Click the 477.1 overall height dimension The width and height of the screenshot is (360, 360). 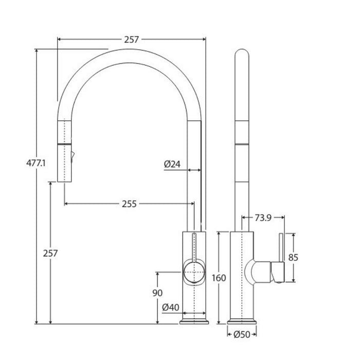(36, 163)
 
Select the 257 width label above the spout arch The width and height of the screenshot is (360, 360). (131, 40)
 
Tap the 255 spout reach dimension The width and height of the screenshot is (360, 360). (129, 204)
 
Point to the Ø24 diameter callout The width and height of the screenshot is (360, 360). (172, 164)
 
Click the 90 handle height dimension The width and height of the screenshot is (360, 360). (157, 293)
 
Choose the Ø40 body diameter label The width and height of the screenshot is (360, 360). (171, 307)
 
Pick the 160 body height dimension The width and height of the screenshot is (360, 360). (219, 278)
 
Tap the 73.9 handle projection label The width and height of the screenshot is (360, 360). (263, 218)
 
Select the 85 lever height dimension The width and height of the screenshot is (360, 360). (293, 258)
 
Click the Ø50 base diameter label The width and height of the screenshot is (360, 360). (242, 334)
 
